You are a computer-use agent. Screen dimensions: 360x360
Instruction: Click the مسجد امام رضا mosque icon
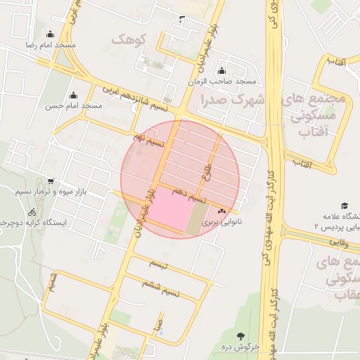49,34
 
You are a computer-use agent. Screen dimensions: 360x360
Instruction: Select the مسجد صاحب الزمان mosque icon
222,71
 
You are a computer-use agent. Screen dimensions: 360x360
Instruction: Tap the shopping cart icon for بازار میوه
49,181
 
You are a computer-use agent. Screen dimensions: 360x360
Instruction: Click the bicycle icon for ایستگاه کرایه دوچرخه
32,212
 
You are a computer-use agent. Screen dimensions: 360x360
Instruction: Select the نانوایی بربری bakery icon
222,210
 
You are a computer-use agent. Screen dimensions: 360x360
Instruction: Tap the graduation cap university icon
345,206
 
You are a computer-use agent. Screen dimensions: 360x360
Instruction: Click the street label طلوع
206,168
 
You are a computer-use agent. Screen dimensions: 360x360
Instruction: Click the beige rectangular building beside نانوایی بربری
196,218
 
